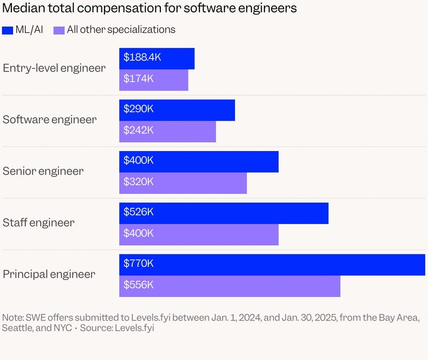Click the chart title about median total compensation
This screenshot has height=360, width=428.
(x=150, y=9)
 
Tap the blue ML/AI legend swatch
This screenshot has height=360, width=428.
(x=8, y=30)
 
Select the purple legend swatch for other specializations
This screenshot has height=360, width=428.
(x=59, y=30)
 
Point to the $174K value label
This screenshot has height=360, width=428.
(x=139, y=78)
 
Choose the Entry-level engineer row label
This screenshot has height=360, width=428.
(x=54, y=68)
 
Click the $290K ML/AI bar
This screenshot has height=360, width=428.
(x=177, y=110)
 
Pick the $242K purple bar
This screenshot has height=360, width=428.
(x=167, y=131)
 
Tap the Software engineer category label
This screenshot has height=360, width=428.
(x=50, y=120)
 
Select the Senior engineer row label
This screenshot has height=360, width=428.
(x=43, y=172)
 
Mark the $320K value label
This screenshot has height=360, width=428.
(x=139, y=182)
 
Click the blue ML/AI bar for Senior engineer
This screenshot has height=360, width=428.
(x=199, y=161)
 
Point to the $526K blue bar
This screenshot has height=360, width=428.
(x=224, y=213)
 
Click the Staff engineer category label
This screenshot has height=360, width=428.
(x=39, y=223)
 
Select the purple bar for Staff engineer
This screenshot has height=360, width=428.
(x=199, y=234)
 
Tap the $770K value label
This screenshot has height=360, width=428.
(x=139, y=264)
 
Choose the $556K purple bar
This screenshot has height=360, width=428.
(x=230, y=286)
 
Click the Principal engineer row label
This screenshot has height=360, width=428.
(x=49, y=274)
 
